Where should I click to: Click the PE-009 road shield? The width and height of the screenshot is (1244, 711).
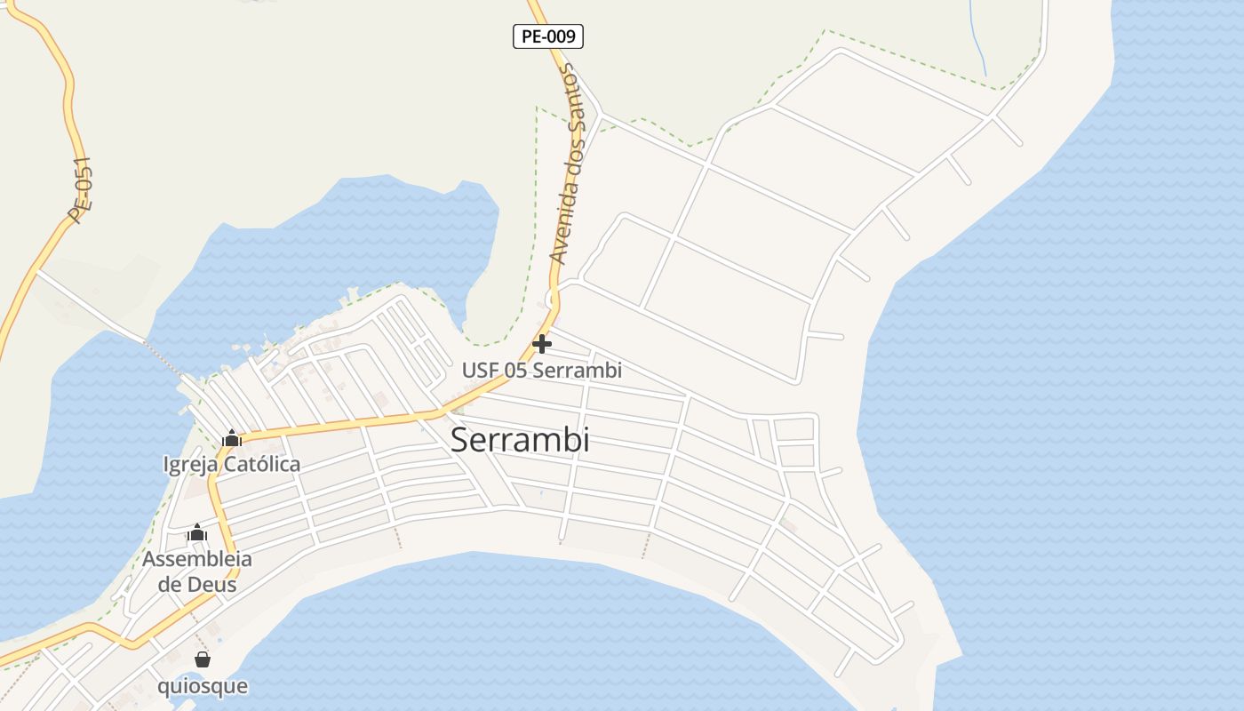(548, 36)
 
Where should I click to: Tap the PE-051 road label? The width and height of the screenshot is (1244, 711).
(80, 190)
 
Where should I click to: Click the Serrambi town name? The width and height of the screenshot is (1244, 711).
(520, 440)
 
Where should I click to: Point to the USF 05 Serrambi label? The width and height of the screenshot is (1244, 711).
(541, 370)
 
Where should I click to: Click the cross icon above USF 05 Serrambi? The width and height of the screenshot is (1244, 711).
(542, 344)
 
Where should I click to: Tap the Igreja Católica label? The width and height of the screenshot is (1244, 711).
(232, 464)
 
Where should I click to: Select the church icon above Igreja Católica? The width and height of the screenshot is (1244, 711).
(232, 438)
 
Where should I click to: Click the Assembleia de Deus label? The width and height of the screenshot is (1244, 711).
(196, 571)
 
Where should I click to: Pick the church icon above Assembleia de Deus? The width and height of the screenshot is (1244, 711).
(197, 533)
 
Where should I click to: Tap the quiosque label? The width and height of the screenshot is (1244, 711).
(203, 686)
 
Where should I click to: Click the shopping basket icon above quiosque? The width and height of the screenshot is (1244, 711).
(203, 659)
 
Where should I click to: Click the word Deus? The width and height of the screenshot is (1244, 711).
(210, 585)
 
